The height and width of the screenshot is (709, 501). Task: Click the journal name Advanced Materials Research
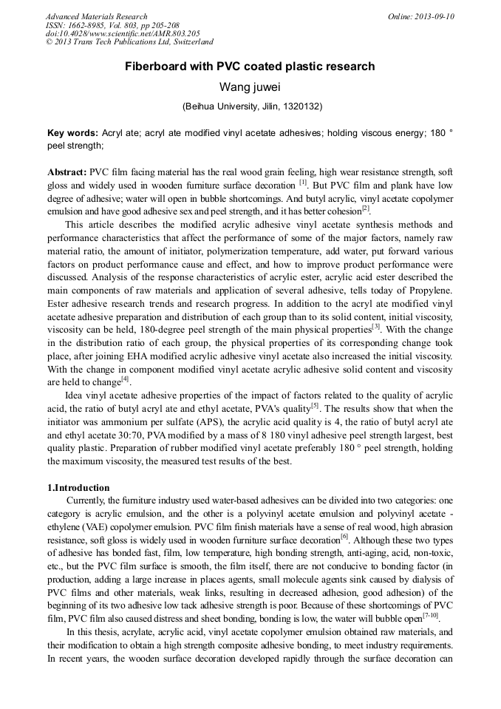96,16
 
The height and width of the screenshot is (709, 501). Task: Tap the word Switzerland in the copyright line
188,43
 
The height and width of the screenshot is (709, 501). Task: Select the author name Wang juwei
250,87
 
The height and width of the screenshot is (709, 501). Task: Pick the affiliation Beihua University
222,106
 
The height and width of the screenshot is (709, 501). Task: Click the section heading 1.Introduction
78,488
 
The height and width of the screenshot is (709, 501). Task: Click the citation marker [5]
314,406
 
